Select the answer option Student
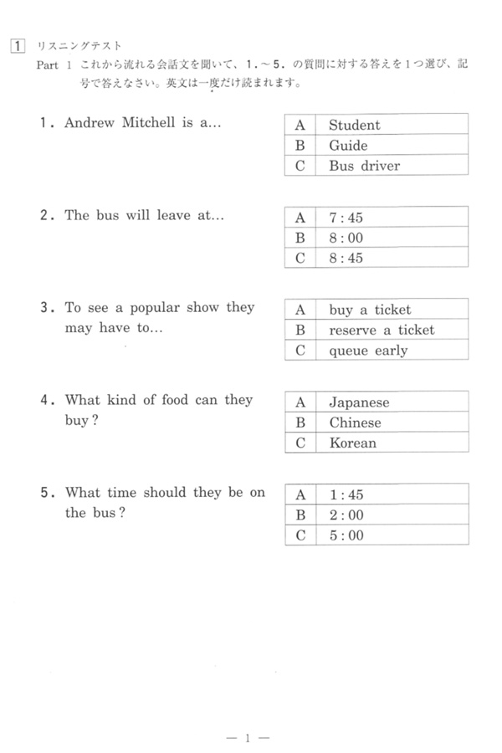click(354, 125)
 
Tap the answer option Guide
click(348, 146)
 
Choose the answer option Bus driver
click(364, 166)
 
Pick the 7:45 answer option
click(346, 218)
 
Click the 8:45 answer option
click(346, 258)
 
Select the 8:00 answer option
click(346, 238)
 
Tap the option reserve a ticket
click(382, 330)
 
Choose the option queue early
click(368, 351)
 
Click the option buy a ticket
click(370, 310)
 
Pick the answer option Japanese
click(359, 402)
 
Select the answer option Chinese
click(355, 423)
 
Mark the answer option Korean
click(352, 443)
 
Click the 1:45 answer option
click(346, 494)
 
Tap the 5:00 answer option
click(346, 535)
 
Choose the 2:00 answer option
click(346, 515)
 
